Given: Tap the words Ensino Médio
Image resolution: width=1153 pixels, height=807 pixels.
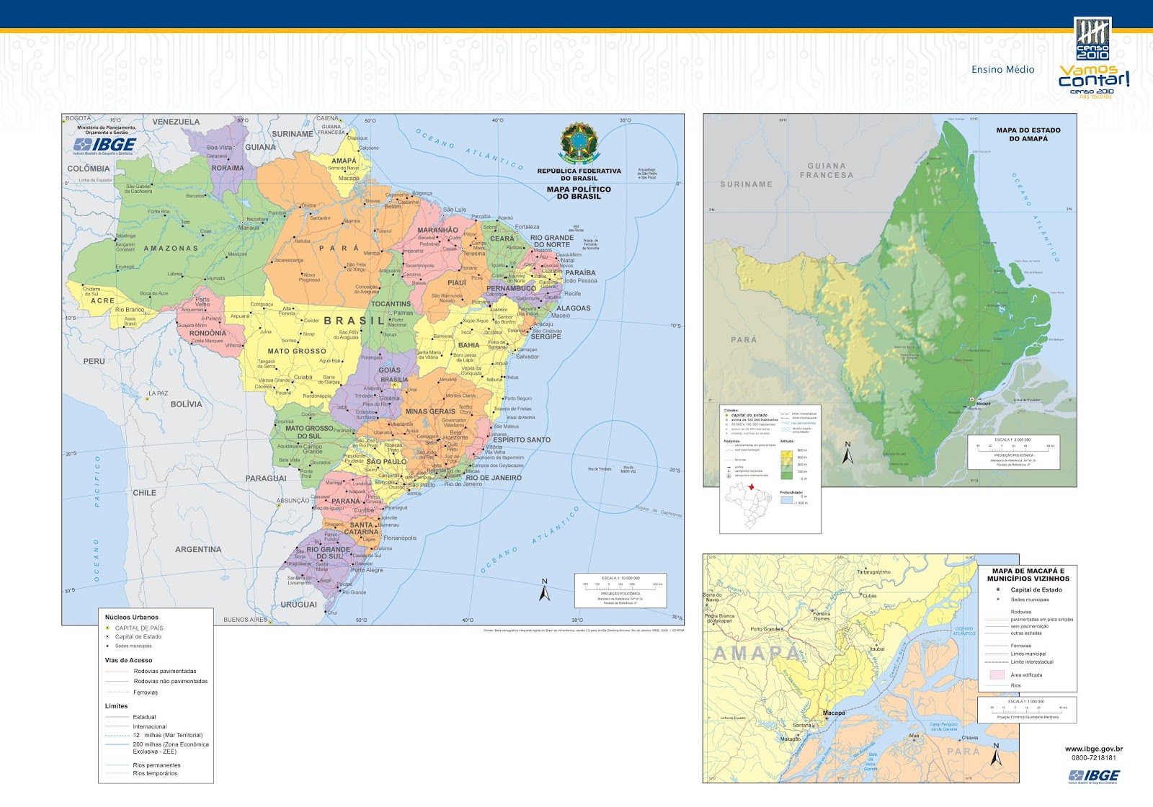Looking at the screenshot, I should tap(1002, 70).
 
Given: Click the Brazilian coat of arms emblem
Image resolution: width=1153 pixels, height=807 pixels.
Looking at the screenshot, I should tap(578, 143).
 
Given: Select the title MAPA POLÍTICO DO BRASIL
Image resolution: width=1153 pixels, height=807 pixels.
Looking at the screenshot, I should tap(579, 193).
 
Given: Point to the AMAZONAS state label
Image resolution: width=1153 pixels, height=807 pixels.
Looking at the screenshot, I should tap(171, 249).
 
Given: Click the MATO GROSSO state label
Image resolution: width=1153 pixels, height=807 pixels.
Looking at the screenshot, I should tap(297, 352).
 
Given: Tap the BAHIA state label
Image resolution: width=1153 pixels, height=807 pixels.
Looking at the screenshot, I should tap(468, 345).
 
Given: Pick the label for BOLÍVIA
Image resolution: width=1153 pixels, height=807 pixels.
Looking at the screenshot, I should tap(186, 404).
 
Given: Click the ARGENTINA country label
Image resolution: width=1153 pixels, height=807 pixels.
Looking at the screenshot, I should tap(198, 550).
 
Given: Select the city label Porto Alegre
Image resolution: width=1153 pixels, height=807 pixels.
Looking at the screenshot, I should tap(367, 570).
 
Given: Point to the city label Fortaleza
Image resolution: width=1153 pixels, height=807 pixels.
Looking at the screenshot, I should tap(527, 227).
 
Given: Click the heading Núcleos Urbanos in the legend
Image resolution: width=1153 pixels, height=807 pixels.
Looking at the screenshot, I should tap(131, 617).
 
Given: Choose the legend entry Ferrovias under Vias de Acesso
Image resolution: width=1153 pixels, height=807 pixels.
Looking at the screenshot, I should tap(145, 692).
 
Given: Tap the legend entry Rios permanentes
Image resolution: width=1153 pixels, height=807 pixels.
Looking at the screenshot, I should tap(156, 765).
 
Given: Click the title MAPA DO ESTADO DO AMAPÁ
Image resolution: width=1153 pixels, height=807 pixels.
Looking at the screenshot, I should tap(1028, 135).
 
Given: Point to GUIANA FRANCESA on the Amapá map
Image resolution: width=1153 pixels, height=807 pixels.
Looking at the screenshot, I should tap(826, 171).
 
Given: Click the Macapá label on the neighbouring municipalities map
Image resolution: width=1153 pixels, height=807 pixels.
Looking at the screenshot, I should tap(834, 713).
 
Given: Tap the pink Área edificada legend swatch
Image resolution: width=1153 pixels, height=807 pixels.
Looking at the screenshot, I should tap(997, 675).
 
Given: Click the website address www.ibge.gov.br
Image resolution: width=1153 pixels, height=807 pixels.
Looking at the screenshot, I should tap(1093, 749).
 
